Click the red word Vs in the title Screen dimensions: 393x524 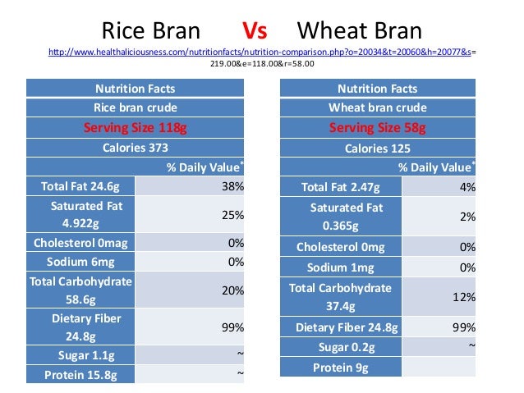[x=255, y=32]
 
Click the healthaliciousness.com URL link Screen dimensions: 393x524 [x=262, y=53]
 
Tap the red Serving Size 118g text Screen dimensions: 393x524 [x=136, y=127]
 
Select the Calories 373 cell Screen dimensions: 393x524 [x=136, y=148]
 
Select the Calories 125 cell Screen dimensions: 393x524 [x=377, y=148]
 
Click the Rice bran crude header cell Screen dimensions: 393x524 [x=136, y=107]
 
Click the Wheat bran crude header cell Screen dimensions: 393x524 [x=377, y=107]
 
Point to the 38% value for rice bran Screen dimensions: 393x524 [x=232, y=187]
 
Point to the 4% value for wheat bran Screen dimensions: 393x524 [x=467, y=187]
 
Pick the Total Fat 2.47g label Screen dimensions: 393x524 [x=341, y=187]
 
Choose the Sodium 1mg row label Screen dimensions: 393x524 [x=341, y=267]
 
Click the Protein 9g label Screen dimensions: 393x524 [x=341, y=367]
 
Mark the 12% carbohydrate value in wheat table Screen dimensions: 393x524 [x=466, y=297]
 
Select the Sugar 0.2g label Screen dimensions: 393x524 [x=341, y=347]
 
